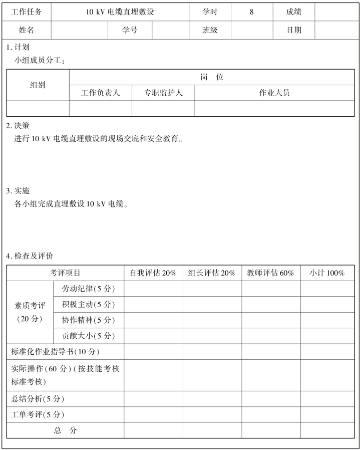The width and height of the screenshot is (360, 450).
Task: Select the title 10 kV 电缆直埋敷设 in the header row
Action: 120,12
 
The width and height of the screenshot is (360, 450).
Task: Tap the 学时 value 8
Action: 251,12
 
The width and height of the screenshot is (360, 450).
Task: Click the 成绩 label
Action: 294,12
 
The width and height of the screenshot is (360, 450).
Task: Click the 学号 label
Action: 130,30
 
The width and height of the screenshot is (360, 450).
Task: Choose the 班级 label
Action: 210,30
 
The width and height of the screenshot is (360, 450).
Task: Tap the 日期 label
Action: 294,30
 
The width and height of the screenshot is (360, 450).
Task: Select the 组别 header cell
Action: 38,85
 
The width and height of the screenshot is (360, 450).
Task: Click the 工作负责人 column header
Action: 101,93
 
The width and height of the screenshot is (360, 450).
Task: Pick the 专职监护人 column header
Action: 163,93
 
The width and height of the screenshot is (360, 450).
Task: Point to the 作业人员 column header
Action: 274,93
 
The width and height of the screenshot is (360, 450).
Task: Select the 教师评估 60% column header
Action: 271,273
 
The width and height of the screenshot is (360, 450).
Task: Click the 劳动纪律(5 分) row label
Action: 89,289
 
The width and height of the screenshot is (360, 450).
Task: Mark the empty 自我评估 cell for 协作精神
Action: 153,320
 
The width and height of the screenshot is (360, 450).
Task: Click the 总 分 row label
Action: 66,430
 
